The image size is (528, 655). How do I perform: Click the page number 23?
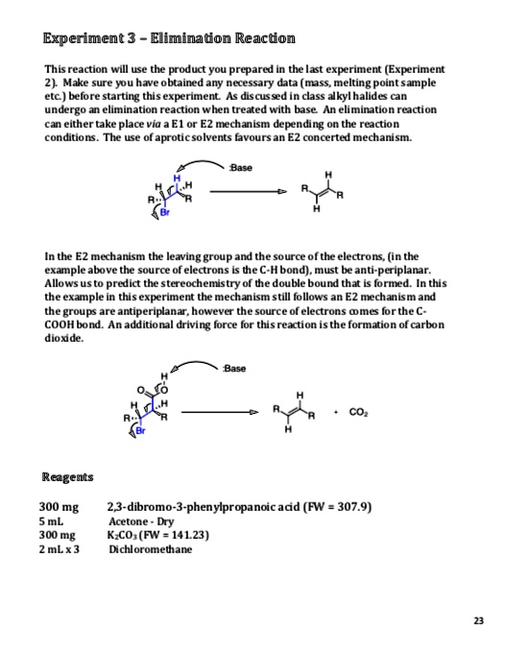click(x=478, y=620)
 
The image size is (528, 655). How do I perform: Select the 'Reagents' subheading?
click(x=67, y=477)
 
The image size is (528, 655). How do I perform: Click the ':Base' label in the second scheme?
click(x=232, y=370)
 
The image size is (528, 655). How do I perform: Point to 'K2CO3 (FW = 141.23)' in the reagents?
click(x=159, y=536)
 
